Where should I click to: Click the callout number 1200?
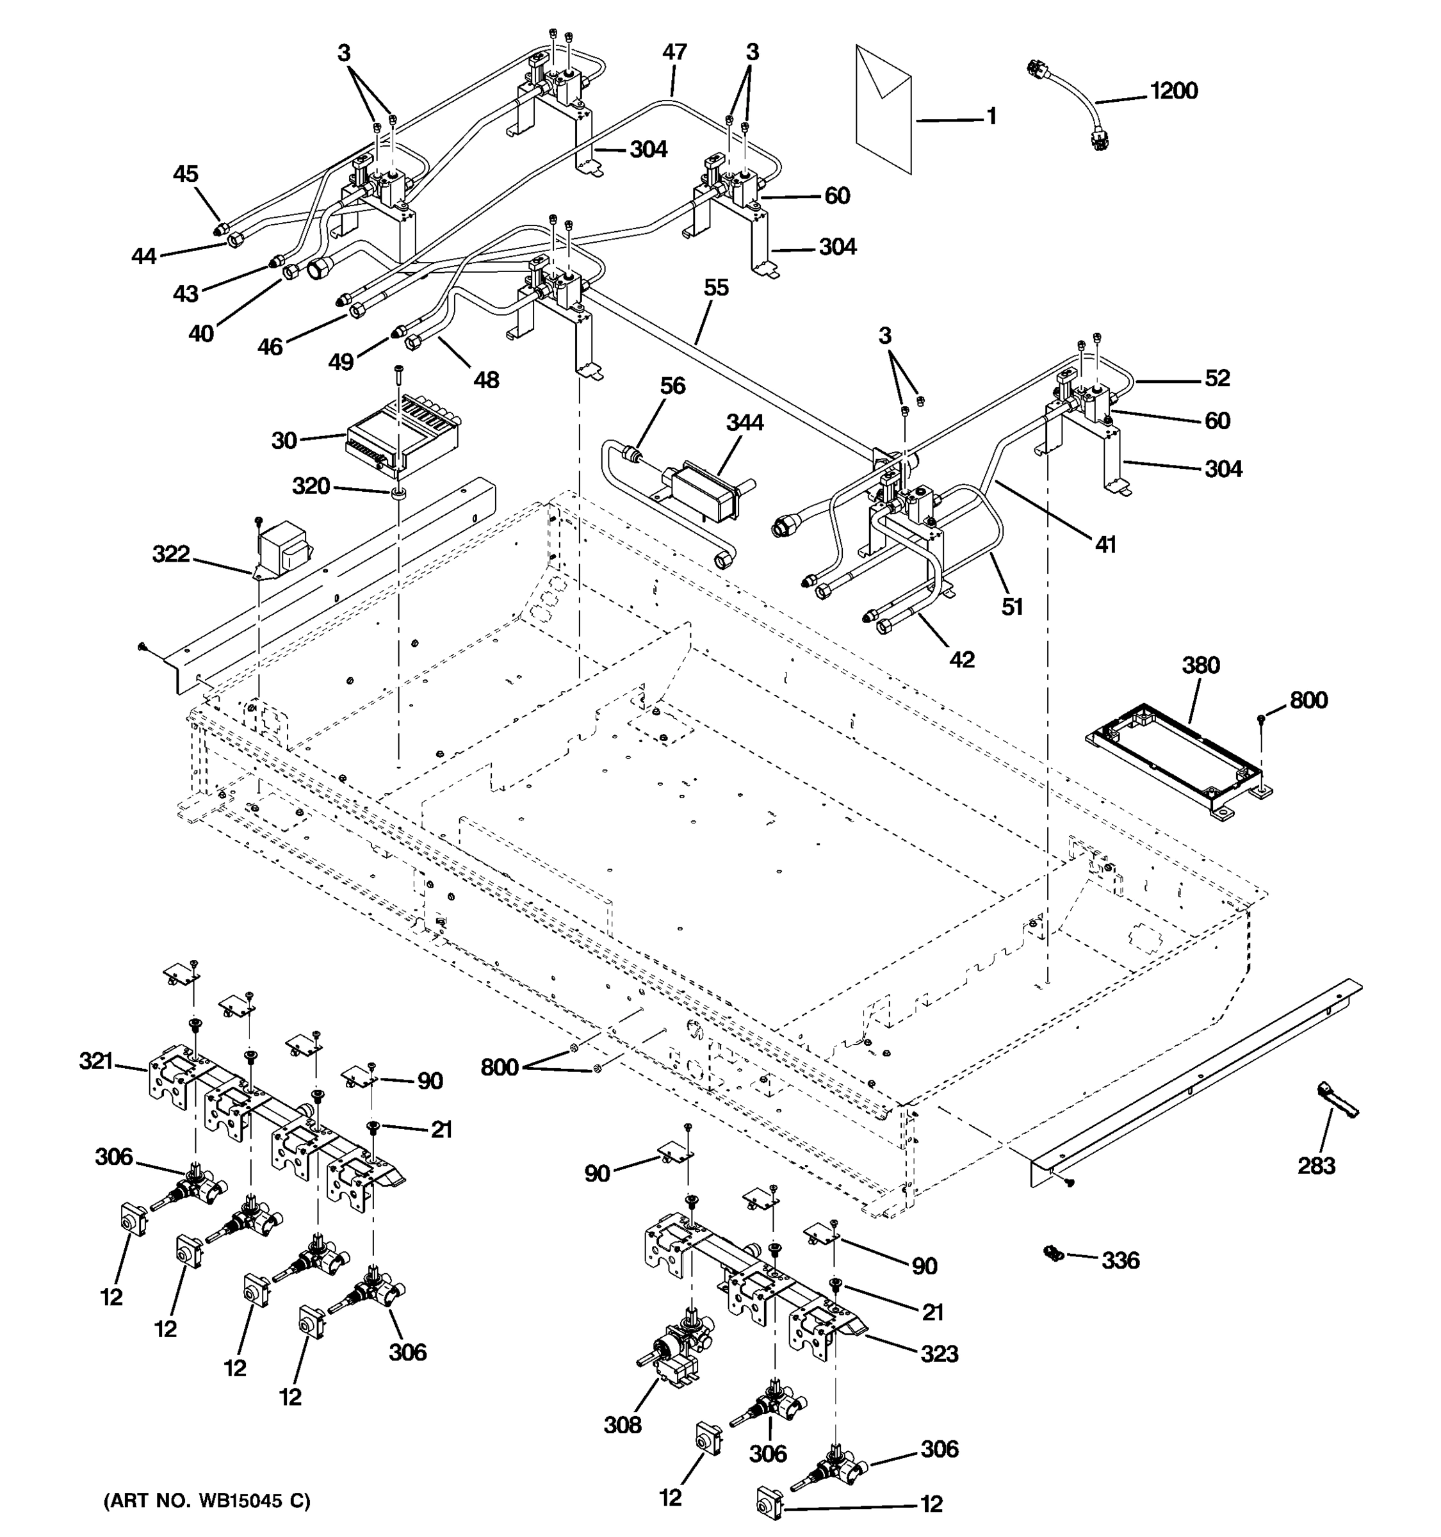tap(1173, 91)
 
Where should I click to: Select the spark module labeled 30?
tap(402, 439)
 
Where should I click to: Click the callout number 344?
tap(744, 423)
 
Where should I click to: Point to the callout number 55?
tap(716, 288)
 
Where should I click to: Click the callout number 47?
tap(674, 53)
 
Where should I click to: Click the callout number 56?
tap(672, 386)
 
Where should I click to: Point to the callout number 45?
tap(186, 174)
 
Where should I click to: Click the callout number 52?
tap(1217, 378)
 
